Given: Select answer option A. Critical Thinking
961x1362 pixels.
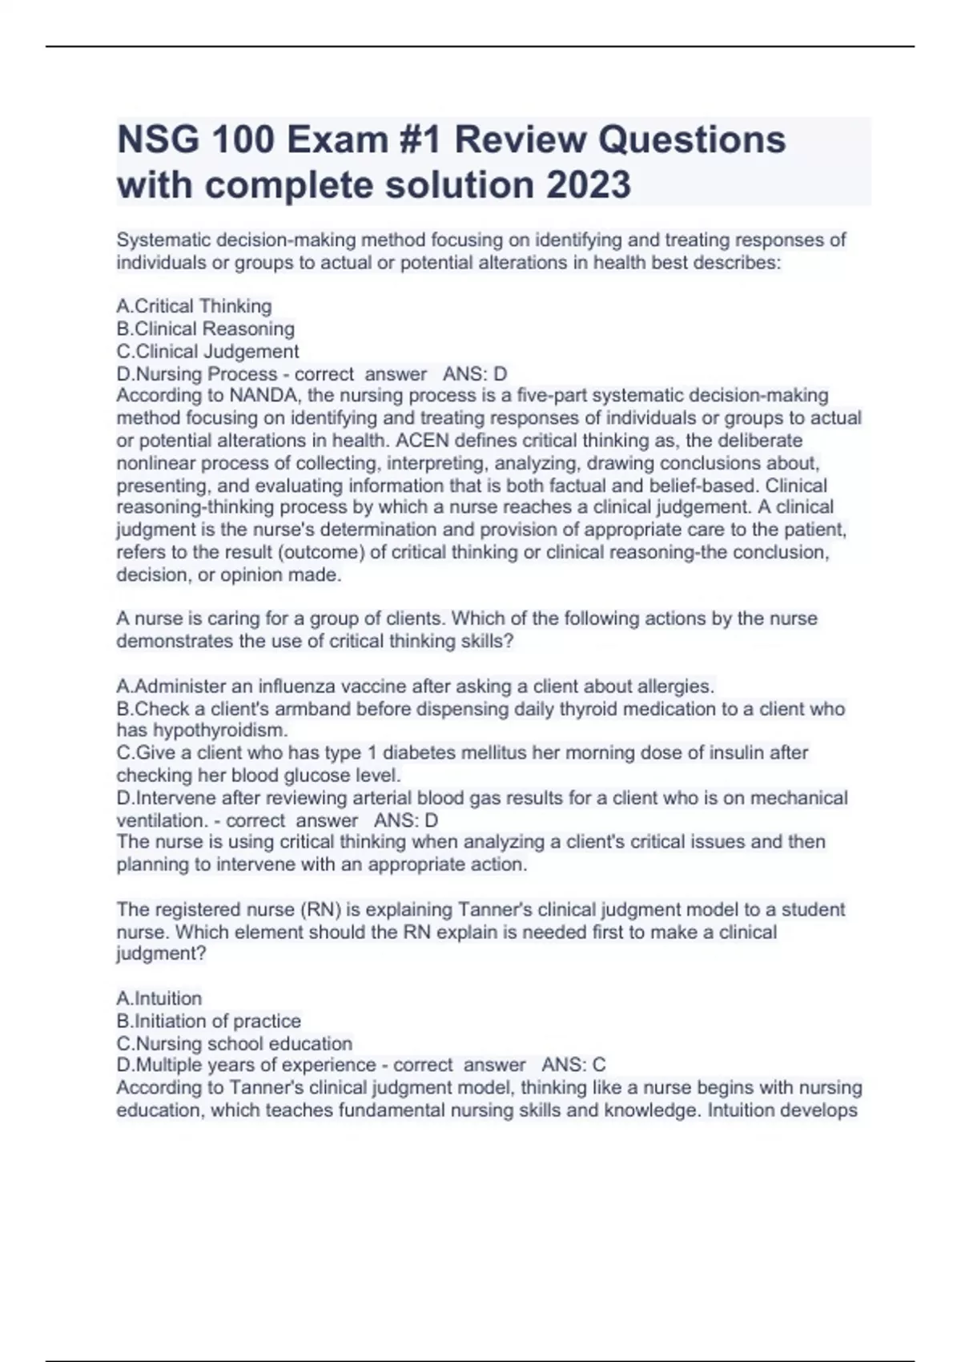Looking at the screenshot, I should point(195,306).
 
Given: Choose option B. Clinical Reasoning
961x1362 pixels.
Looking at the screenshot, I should point(206,328).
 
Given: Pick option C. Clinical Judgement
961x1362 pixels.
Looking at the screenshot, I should point(208,351).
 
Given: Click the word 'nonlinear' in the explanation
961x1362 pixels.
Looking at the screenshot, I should point(156,462).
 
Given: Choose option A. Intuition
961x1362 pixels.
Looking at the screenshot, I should point(159,998).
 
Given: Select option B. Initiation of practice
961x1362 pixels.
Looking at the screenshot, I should point(209,1021).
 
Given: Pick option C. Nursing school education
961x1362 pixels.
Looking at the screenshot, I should point(235,1043).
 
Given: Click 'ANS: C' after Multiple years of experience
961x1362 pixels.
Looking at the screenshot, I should point(573,1065).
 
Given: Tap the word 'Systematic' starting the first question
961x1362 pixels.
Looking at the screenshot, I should point(162,240).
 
